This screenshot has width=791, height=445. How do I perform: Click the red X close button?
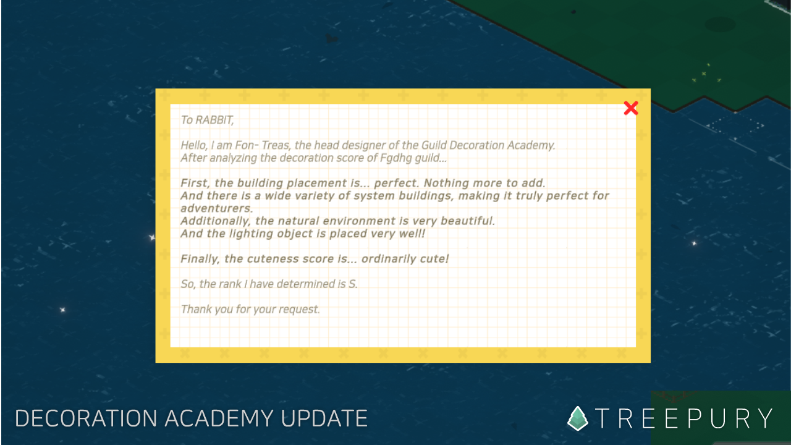pyautogui.click(x=631, y=108)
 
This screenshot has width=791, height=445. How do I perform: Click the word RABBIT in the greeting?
pyautogui.click(x=214, y=121)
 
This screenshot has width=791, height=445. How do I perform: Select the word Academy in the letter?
pyautogui.click(x=531, y=145)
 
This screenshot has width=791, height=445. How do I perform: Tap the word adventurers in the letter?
pyautogui.click(x=217, y=208)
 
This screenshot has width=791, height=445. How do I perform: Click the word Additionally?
pyautogui.click(x=216, y=221)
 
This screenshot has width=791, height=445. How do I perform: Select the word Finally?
pyautogui.click(x=200, y=259)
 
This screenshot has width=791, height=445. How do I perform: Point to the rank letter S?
pyautogui.click(x=353, y=284)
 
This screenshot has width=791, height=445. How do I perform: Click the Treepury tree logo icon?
pyautogui.click(x=577, y=418)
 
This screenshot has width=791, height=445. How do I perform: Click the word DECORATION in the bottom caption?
pyautogui.click(x=86, y=418)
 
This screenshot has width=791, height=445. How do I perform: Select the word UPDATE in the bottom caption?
pyautogui.click(x=324, y=418)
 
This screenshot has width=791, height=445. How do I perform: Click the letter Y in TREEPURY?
pyautogui.click(x=765, y=418)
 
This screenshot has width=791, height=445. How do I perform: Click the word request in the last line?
pyautogui.click(x=300, y=310)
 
